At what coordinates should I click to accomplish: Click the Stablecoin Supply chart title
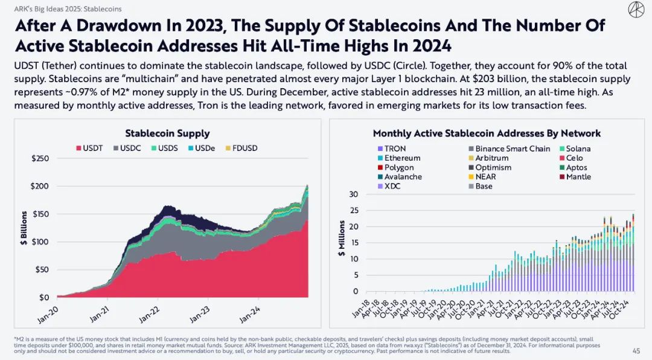coord(167,133)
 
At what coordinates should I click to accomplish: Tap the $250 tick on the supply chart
coord(40,158)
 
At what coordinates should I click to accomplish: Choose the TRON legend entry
coord(391,149)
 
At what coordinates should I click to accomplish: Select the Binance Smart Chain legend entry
coord(508,149)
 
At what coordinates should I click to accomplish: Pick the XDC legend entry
coord(388,186)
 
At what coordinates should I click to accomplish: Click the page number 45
coord(636,351)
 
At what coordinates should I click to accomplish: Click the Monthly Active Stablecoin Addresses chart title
coord(487,133)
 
